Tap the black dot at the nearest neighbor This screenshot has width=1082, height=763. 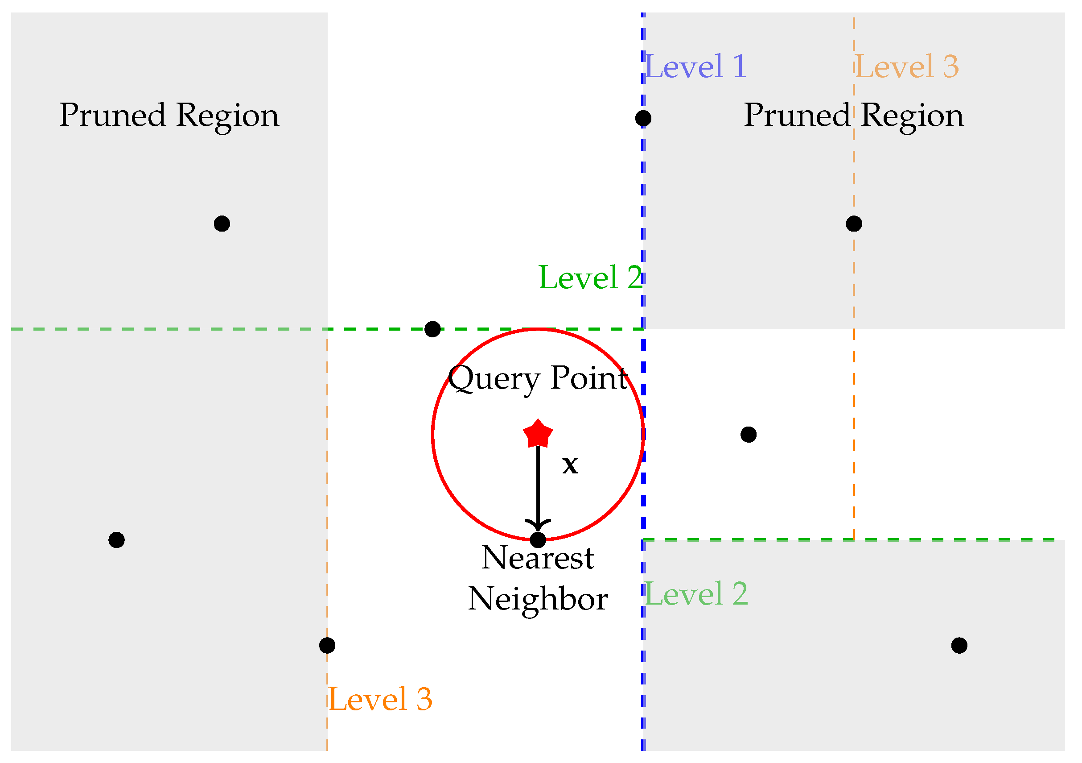(x=538, y=539)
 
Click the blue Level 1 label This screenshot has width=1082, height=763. (x=695, y=66)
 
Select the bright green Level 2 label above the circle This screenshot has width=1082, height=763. (x=590, y=277)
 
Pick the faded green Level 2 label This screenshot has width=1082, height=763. (x=696, y=594)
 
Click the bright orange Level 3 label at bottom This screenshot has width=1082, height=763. (x=380, y=699)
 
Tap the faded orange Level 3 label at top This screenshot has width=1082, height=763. (x=907, y=66)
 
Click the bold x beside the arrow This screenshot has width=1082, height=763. (x=570, y=465)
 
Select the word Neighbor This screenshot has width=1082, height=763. (x=538, y=599)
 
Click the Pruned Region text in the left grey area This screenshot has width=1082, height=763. (x=169, y=115)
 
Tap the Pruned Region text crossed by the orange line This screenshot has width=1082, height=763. (x=853, y=115)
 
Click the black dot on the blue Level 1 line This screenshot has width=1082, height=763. (x=643, y=118)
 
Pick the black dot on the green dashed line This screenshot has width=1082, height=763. (x=432, y=329)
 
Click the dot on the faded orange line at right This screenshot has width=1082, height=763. (x=854, y=224)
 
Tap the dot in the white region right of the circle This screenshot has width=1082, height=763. (x=749, y=434)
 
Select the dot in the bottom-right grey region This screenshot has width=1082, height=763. (x=959, y=645)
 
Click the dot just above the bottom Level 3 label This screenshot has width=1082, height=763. (x=327, y=645)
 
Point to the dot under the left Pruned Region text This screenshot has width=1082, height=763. (x=222, y=224)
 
